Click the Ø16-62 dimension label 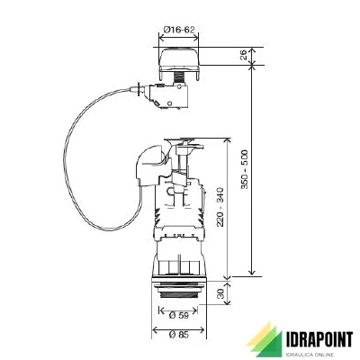(x=179, y=30)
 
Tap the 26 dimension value (x=244, y=55)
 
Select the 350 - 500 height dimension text (x=245, y=169)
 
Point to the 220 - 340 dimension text (x=220, y=207)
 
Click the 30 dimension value (x=220, y=293)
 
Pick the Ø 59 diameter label (x=179, y=315)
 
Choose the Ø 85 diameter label (x=179, y=335)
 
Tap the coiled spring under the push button (x=179, y=79)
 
